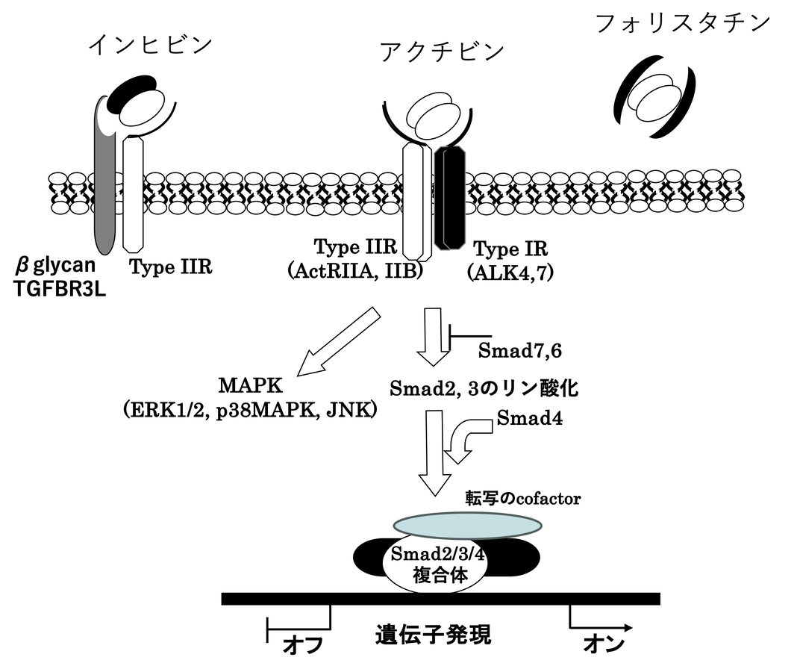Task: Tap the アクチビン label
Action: [x=442, y=53]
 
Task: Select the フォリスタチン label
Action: [x=683, y=23]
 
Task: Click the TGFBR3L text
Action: [x=60, y=290]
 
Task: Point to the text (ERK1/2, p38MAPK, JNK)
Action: [x=250, y=410]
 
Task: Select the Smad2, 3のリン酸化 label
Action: [x=485, y=388]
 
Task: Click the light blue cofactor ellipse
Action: [x=466, y=523]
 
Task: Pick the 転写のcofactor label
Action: [x=522, y=498]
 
